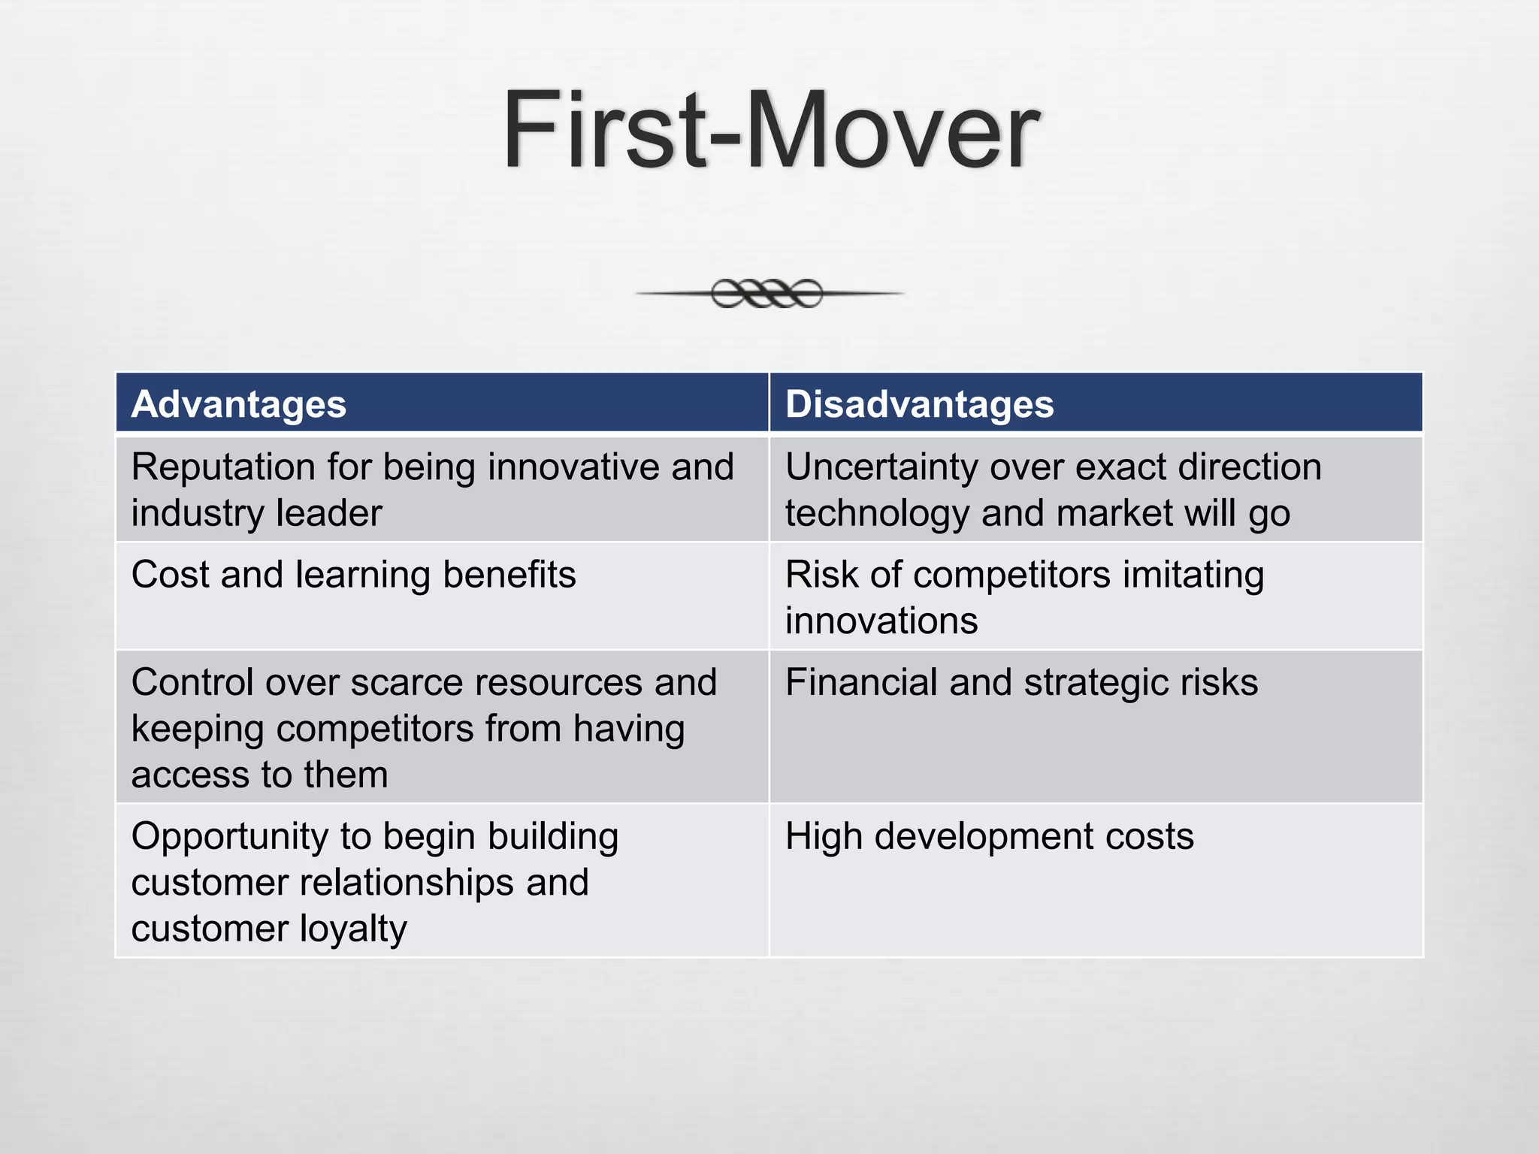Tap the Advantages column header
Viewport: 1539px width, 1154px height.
[x=238, y=404]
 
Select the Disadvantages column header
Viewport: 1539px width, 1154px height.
[x=919, y=404]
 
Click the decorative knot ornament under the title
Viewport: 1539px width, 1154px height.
[x=767, y=293]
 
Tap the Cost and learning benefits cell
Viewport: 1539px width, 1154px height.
[x=353, y=575]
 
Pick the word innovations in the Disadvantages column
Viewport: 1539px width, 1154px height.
[x=881, y=621]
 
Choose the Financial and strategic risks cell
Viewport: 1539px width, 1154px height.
[x=1021, y=683]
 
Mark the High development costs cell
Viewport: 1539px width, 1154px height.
[x=989, y=836]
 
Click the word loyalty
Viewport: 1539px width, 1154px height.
[x=353, y=929]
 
